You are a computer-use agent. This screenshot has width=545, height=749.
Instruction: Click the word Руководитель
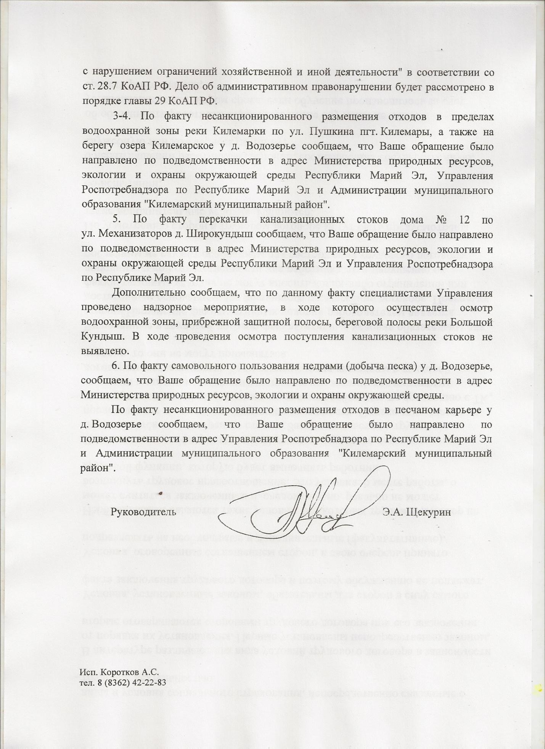click(x=143, y=512)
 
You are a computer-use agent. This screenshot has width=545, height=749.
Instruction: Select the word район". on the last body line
click(x=98, y=467)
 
